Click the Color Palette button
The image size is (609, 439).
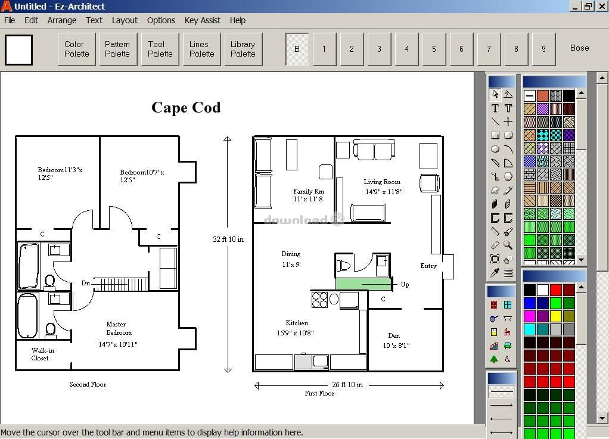(x=76, y=49)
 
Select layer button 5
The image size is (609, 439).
(x=434, y=49)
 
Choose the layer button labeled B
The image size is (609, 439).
(x=297, y=49)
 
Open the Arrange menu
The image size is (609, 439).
(x=62, y=20)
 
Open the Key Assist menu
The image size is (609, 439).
(x=203, y=20)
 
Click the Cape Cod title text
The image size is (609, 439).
(x=186, y=108)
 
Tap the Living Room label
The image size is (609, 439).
(x=382, y=182)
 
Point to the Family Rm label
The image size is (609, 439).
(x=309, y=191)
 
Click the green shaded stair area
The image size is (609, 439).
(x=363, y=284)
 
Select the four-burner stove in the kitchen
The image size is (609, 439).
(x=319, y=300)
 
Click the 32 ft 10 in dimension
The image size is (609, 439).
(x=228, y=239)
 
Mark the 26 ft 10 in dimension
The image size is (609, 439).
(x=347, y=385)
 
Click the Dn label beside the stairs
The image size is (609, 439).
(x=85, y=283)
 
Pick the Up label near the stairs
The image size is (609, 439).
(x=405, y=285)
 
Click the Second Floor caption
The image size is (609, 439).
(x=88, y=384)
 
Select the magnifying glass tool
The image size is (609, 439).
(x=508, y=245)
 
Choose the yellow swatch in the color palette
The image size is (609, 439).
(x=556, y=316)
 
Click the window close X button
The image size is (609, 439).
(x=602, y=6)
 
